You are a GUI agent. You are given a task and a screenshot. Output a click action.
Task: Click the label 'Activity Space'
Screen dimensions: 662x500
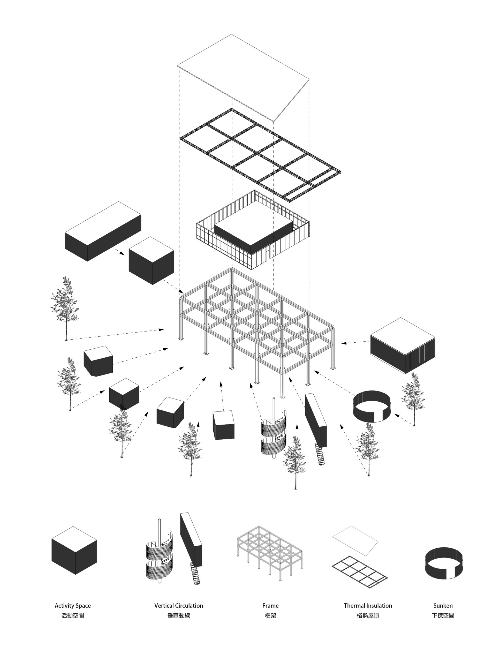click(72, 605)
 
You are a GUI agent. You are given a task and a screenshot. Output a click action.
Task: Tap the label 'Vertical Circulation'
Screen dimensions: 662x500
click(179, 605)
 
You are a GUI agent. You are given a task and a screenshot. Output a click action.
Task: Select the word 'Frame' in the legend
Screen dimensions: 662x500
click(270, 605)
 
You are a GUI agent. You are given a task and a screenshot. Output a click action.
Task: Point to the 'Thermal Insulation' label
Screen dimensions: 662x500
click(368, 605)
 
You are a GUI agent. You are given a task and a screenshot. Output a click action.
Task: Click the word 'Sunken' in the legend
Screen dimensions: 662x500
click(443, 605)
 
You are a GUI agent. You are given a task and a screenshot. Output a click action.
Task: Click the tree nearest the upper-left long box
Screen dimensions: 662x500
click(65, 308)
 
